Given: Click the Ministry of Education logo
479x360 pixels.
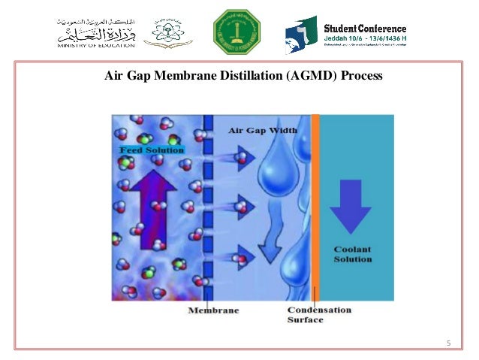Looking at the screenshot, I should [x=95, y=32].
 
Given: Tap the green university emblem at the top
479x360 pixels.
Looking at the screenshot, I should [x=236, y=32].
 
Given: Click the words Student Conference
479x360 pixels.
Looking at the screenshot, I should [x=364, y=29].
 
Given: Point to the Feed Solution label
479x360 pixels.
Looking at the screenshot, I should [x=151, y=150].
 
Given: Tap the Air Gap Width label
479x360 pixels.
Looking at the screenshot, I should [x=262, y=130].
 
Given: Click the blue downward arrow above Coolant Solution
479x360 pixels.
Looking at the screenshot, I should [x=351, y=205].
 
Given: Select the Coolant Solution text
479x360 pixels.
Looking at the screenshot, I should [x=352, y=254].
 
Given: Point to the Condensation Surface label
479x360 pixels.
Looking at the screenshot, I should [x=318, y=314].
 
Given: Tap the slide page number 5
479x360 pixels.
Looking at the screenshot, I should [x=448, y=344].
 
